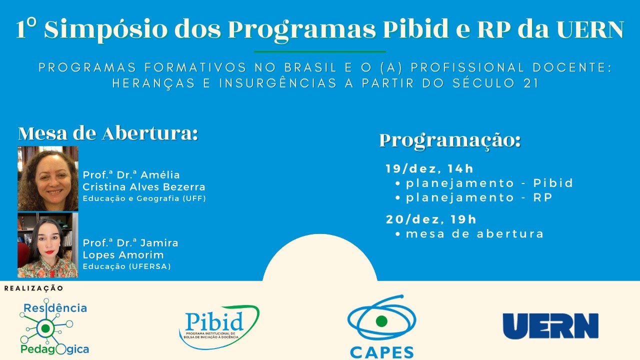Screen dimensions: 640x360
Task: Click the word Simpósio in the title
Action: tap(105, 29)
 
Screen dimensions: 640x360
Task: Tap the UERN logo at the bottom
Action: tap(550, 326)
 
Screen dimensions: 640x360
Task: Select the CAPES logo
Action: tap(381, 326)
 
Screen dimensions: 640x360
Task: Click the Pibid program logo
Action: tap(219, 327)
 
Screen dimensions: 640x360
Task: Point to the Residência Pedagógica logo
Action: tap(53, 326)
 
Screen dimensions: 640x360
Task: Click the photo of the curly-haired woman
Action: tap(47, 178)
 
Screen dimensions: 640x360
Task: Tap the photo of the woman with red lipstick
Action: tap(47, 245)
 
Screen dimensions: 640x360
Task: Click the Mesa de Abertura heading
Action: tap(108, 133)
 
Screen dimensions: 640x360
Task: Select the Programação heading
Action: tap(450, 141)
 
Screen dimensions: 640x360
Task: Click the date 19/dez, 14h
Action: tap(429, 169)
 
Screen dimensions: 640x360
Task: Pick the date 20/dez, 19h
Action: tap(431, 219)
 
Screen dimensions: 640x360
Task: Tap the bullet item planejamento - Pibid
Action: tap(484, 183)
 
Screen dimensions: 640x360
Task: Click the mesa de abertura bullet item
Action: tap(469, 234)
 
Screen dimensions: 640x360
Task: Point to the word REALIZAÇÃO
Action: tap(33, 288)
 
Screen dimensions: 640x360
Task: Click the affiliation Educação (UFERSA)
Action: tap(127, 266)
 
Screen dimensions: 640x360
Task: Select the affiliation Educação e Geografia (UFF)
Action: tap(144, 198)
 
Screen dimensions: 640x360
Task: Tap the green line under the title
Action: tap(319, 51)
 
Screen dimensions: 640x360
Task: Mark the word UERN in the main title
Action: tap(590, 29)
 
